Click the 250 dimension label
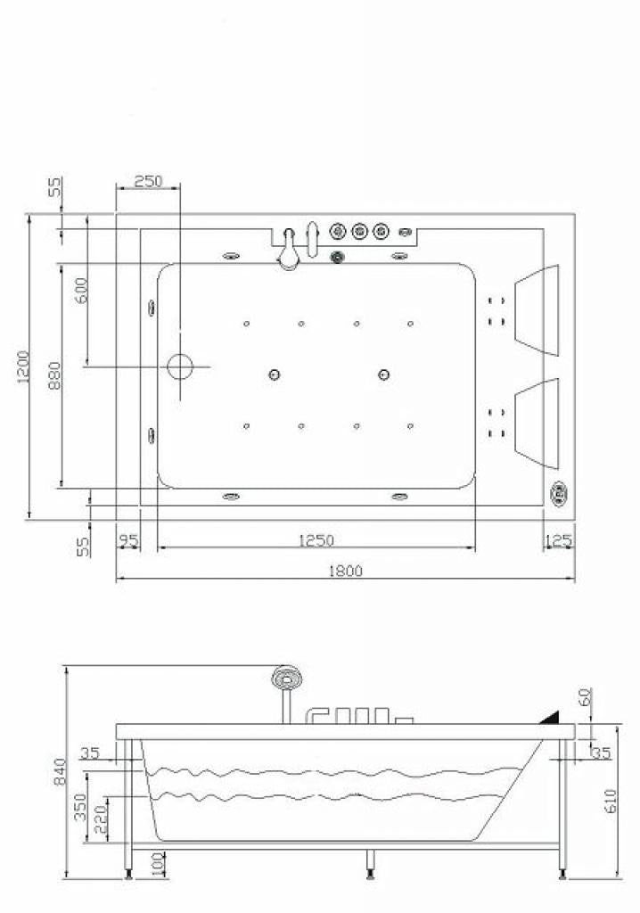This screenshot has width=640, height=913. [148, 181]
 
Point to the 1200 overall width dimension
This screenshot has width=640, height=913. [24, 367]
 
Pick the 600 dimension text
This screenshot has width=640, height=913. [81, 290]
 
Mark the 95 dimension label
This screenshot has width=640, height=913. [128, 540]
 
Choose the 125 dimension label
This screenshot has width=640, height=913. [559, 540]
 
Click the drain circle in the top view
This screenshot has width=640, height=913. [180, 366]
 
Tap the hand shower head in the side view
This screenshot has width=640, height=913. [287, 679]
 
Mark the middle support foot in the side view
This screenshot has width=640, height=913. [368, 862]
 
